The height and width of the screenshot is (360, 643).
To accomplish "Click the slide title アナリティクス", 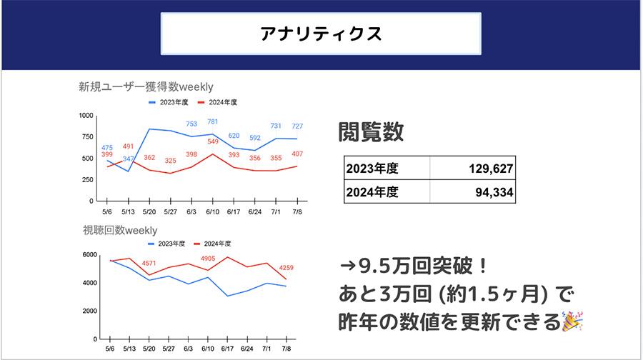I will (321, 34).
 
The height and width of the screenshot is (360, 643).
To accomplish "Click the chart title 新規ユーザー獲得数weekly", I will (146, 86).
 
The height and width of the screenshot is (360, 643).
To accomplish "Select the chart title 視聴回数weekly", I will (120, 230).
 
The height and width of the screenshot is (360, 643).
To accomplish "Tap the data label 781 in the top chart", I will (212, 122).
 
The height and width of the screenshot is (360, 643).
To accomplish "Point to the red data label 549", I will (212, 142).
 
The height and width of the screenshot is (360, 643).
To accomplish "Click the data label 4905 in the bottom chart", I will (207, 259).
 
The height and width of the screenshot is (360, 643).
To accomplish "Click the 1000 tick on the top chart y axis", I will (86, 116).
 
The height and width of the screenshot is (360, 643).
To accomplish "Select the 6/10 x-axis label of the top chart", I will (212, 211).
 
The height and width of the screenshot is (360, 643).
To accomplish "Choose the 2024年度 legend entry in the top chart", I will (218, 102).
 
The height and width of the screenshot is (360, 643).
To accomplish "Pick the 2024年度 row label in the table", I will (372, 191).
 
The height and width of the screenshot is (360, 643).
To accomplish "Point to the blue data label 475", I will (107, 148).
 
